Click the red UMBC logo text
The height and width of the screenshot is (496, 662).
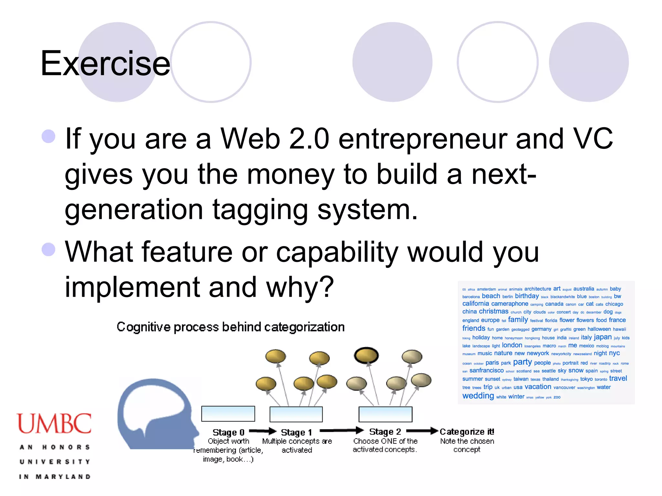coord(54,423)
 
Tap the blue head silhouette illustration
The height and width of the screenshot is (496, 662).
coord(155,415)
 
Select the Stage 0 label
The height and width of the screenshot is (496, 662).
coord(228,432)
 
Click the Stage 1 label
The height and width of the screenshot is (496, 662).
coord(296,432)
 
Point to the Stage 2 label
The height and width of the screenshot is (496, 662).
coord(385,431)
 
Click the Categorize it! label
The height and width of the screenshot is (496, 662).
coord(467,431)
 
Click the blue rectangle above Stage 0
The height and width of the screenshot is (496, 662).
coord(228,414)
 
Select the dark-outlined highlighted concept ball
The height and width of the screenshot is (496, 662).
coord(366,356)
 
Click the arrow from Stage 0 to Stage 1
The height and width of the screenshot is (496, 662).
coord(262,431)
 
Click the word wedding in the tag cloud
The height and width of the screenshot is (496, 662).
coord(478,396)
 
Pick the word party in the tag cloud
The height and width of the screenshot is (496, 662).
coord(522,362)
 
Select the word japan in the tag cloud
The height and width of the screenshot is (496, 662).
coord(603,337)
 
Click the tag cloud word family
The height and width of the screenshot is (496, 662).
coord(518,319)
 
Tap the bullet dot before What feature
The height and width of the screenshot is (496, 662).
coord(48,249)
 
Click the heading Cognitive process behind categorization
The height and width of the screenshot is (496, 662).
coord(230,327)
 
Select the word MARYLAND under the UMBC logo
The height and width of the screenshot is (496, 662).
coord(63,477)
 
